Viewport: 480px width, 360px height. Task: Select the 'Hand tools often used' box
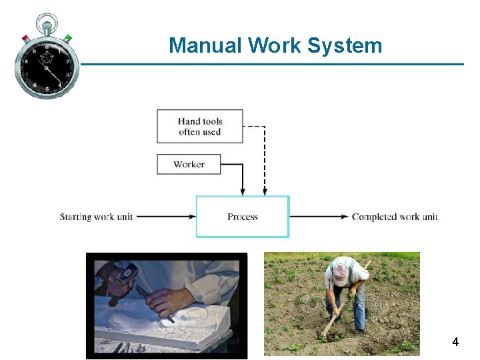pyautogui.click(x=200, y=126)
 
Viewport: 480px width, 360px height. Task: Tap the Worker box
pyautogui.click(x=189, y=164)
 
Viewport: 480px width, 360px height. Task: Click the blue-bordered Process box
pyautogui.click(x=242, y=217)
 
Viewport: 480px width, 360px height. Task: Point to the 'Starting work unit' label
pyautogui.click(x=97, y=217)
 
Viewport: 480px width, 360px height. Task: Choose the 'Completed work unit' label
pyautogui.click(x=395, y=217)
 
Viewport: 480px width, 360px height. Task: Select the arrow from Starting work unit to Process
pyautogui.click(x=167, y=217)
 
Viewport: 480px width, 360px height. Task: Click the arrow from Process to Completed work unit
pyautogui.click(x=319, y=217)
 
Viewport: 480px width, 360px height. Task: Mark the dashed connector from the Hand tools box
pyautogui.click(x=265, y=160)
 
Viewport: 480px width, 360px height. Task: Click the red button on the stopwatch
pyautogui.click(x=25, y=38)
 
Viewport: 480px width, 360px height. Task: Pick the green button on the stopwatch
pyautogui.click(x=68, y=37)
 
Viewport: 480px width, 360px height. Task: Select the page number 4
pyautogui.click(x=455, y=342)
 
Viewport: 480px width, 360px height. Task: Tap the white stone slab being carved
pyautogui.click(x=167, y=327)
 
